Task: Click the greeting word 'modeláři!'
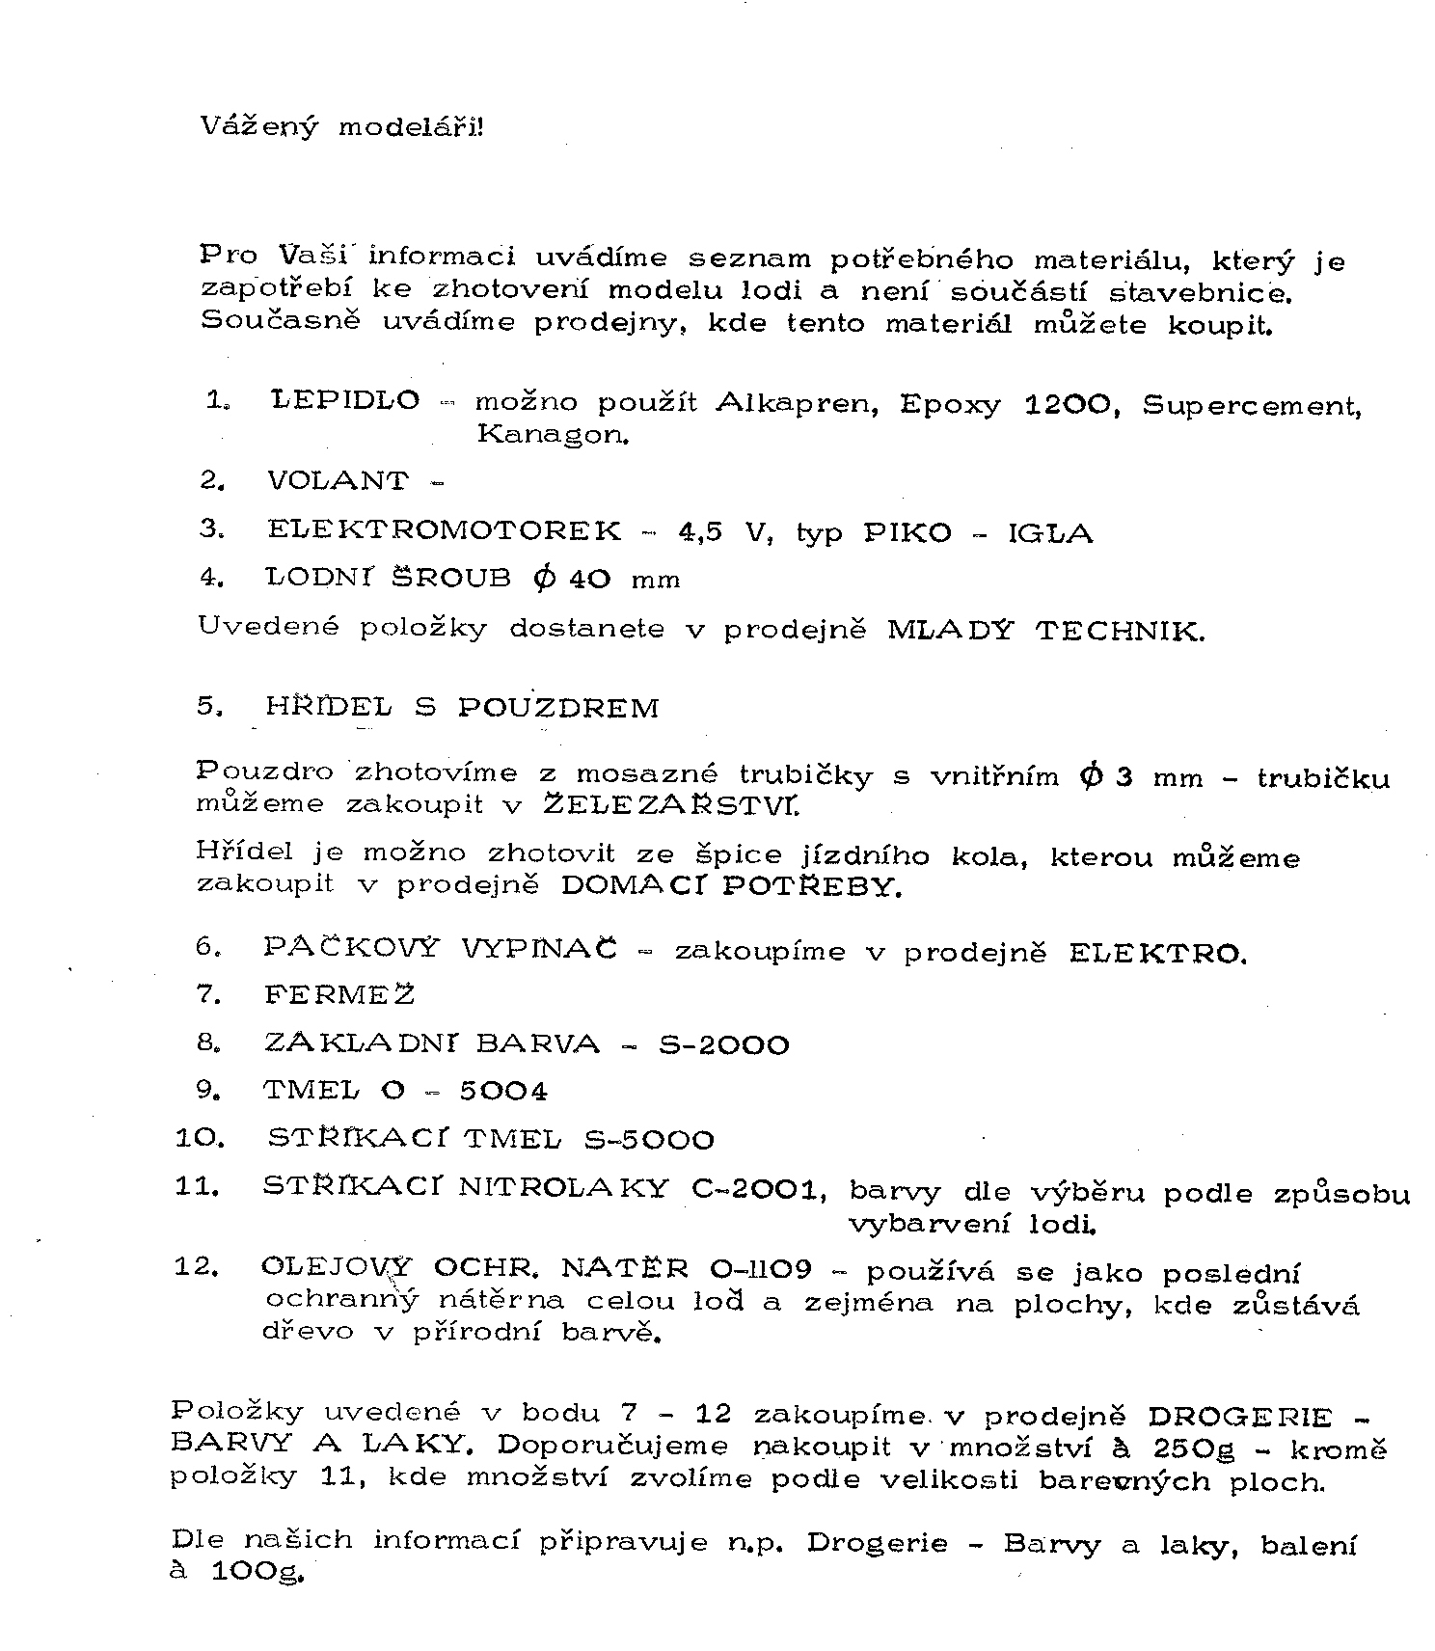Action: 410,127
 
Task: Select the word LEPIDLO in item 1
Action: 345,400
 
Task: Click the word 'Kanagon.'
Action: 553,434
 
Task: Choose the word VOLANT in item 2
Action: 338,480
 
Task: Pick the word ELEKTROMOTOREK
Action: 445,529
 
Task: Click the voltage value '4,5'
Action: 700,532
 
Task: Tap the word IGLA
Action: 1050,533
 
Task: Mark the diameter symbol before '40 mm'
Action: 545,578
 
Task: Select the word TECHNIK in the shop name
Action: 1120,632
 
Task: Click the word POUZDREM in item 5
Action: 558,708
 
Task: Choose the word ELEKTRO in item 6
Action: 1157,954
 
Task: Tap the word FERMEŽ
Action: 339,994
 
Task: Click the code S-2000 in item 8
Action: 723,1045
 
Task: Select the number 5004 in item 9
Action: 502,1092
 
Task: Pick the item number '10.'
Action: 200,1139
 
